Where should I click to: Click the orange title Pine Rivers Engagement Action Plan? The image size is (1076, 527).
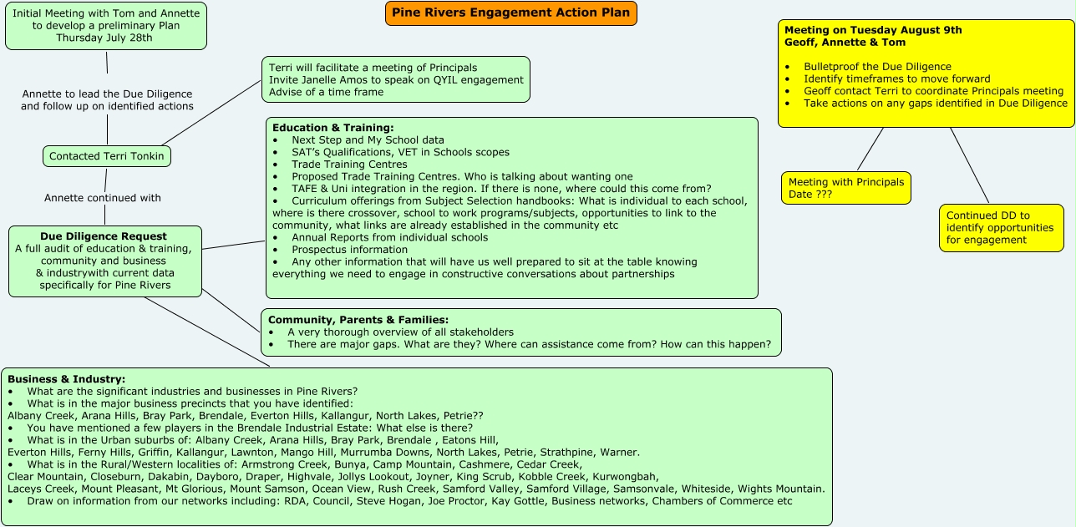510,13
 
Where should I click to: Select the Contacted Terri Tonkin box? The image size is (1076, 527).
107,156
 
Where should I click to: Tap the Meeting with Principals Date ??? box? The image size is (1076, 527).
845,188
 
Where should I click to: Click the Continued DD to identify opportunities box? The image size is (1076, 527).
1001,228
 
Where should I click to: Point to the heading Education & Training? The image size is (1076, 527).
332,128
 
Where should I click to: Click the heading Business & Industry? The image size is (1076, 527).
66,379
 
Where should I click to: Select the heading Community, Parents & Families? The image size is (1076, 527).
358,320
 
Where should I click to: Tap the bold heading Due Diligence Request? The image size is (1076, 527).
104,236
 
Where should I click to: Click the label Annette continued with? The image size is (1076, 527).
103,198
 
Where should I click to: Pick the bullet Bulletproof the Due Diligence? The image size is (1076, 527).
877,67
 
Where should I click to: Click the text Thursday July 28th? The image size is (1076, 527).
104,38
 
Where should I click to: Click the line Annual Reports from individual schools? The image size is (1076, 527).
389,237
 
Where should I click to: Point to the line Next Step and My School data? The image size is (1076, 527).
368,140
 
